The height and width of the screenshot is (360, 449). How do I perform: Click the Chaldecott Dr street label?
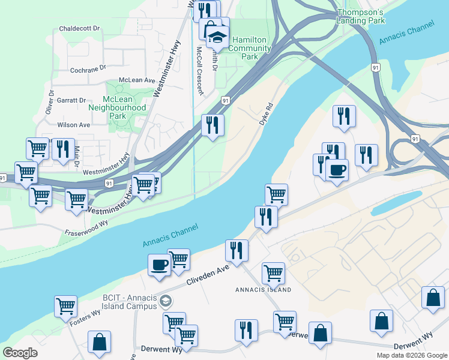tap(83, 29)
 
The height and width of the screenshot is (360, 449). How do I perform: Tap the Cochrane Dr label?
tap(88, 68)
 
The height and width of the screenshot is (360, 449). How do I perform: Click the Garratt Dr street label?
tap(77, 100)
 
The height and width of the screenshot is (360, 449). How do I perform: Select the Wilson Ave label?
tap(73, 125)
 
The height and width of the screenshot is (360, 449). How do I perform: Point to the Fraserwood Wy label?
tap(86, 227)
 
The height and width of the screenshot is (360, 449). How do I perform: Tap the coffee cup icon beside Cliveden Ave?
tap(159, 265)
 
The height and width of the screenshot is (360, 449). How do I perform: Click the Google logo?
tap(20, 352)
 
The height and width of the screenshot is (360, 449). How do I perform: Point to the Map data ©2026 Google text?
tap(412, 355)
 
